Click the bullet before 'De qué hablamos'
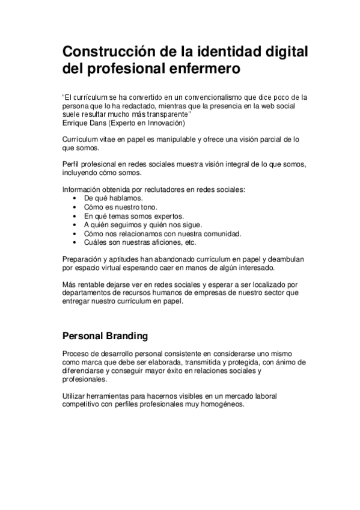coord(73,198)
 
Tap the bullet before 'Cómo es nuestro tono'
coord(73,207)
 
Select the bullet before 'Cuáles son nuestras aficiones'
coord(73,243)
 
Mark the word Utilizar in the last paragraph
coord(75,396)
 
